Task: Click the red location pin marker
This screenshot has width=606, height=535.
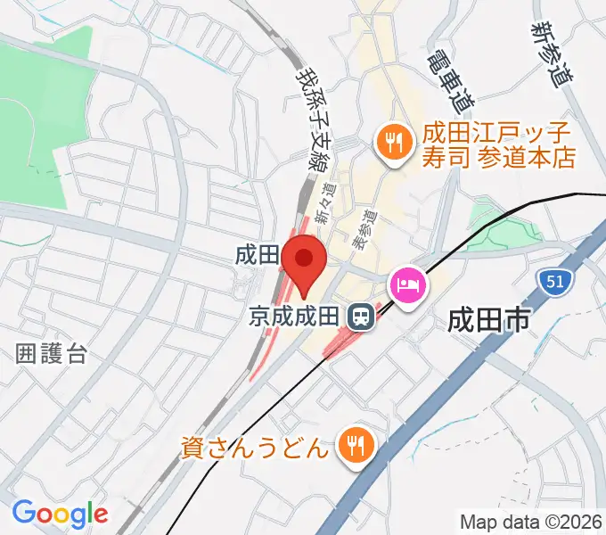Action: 305,261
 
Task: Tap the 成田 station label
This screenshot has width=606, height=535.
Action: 257,255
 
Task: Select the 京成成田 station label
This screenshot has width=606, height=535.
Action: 294,316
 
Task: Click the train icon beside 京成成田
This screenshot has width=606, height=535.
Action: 360,316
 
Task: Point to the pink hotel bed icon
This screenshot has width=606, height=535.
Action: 409,286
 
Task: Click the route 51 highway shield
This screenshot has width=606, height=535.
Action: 554,283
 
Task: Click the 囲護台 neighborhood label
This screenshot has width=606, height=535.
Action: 52,353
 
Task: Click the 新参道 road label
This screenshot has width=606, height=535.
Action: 551,53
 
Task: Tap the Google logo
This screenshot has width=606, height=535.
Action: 60,514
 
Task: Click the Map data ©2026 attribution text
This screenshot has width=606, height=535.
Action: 530,522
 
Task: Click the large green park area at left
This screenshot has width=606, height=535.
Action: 40,116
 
